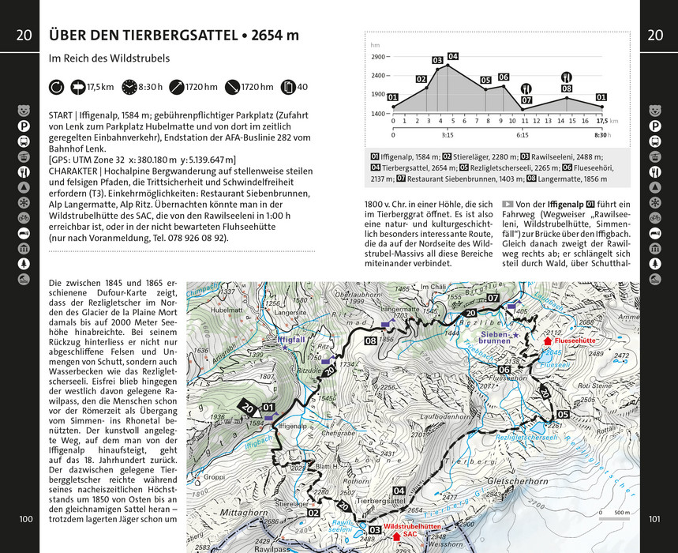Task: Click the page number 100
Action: tap(26, 519)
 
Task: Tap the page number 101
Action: tap(653, 519)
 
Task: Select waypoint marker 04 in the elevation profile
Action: tap(452, 56)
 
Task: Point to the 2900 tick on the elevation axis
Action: tap(378, 57)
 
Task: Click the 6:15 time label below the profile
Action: tap(523, 134)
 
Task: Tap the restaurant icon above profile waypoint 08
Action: tap(566, 77)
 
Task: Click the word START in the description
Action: tap(64, 115)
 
